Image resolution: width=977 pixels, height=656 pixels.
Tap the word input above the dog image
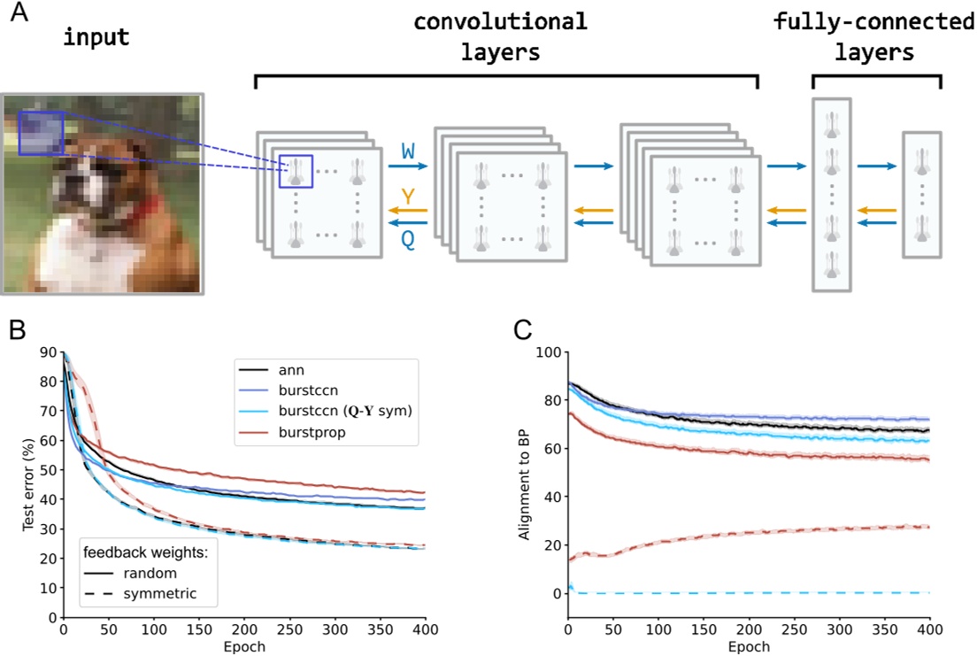coord(96,40)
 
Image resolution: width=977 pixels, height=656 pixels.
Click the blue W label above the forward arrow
coord(407,151)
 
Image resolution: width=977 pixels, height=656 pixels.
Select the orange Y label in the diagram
coord(407,196)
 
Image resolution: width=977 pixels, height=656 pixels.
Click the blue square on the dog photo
coord(41,133)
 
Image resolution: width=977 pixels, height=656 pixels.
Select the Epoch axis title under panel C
coord(748,647)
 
